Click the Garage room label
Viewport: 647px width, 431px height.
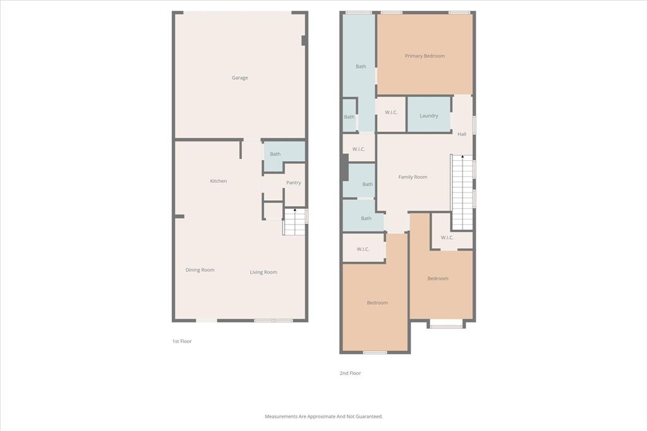pyautogui.click(x=239, y=78)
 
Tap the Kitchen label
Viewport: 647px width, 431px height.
pyautogui.click(x=218, y=181)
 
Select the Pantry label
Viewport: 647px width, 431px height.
pyautogui.click(x=293, y=183)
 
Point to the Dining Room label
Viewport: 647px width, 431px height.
pyautogui.click(x=200, y=270)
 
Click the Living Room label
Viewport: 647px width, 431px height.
pyautogui.click(x=263, y=272)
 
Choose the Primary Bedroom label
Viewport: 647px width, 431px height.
pyautogui.click(x=425, y=56)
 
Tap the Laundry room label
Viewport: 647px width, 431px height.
pyautogui.click(x=428, y=115)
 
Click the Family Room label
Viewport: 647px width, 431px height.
pyautogui.click(x=413, y=177)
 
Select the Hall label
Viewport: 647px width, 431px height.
pyautogui.click(x=462, y=134)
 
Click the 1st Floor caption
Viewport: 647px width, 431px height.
pyautogui.click(x=182, y=341)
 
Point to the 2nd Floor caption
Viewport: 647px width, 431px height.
pyautogui.click(x=350, y=373)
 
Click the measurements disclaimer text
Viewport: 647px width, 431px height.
pyautogui.click(x=323, y=416)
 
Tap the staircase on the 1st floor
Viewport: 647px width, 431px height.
pyautogui.click(x=294, y=222)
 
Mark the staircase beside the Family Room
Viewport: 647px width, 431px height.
pyautogui.click(x=462, y=192)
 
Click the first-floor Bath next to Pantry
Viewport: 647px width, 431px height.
pyautogui.click(x=275, y=154)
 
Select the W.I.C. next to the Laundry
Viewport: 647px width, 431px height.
pyautogui.click(x=391, y=112)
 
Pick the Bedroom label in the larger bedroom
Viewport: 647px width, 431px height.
pyautogui.click(x=377, y=303)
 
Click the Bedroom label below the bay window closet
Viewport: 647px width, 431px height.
pyautogui.click(x=437, y=278)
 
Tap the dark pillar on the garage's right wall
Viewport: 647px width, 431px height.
pyautogui.click(x=304, y=40)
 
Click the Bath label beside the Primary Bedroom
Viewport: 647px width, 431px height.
pyautogui.click(x=360, y=66)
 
